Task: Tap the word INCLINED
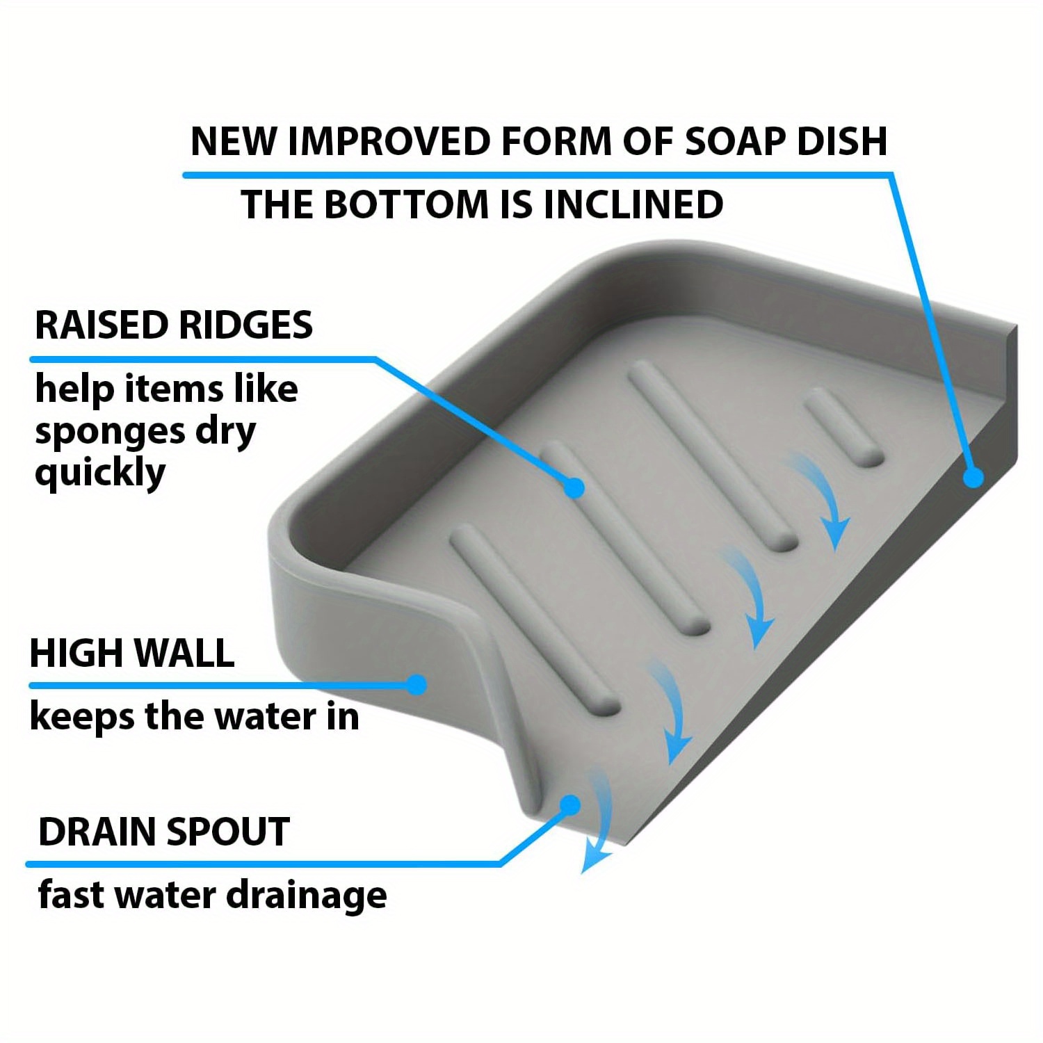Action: click(633, 204)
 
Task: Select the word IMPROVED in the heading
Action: click(389, 141)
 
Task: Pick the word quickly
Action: click(100, 474)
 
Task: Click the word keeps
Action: click(81, 718)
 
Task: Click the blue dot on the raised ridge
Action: click(574, 487)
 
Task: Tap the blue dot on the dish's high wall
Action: click(417, 685)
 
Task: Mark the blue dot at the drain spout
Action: click(570, 806)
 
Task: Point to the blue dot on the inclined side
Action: click(973, 477)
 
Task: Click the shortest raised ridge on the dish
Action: click(843, 427)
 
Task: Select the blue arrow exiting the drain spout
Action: click(598, 820)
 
